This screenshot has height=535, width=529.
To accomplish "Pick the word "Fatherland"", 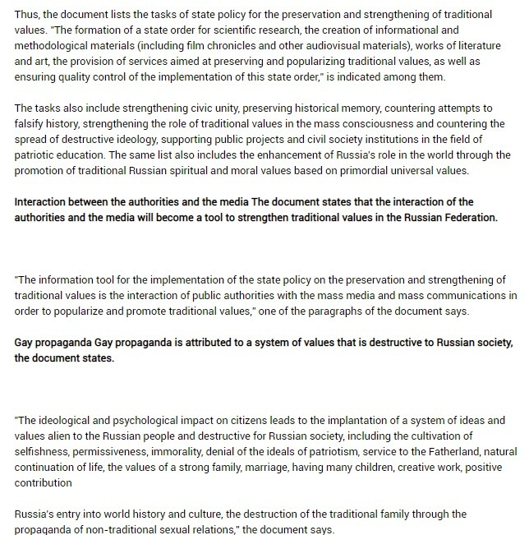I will coord(445,451).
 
